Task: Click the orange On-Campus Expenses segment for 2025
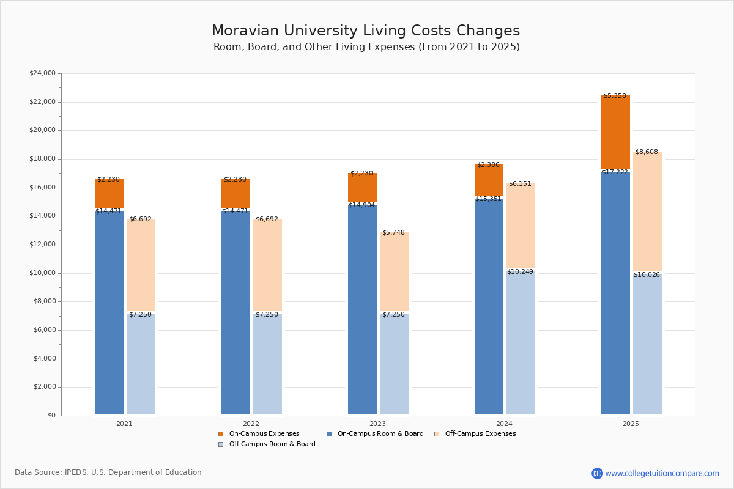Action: point(615,133)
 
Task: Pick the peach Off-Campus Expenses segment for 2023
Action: point(394,272)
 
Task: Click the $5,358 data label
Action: point(615,96)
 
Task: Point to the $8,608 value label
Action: point(647,152)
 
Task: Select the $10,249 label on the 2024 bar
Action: point(520,272)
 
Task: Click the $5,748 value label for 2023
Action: point(393,233)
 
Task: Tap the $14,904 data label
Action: point(361,205)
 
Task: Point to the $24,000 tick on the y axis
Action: point(42,73)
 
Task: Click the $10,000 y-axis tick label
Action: point(42,273)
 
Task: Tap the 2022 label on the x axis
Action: point(251,424)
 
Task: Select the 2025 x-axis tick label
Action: point(631,424)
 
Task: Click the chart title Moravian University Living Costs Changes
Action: point(366,31)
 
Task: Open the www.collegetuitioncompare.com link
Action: point(662,473)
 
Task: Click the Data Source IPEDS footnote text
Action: point(108,472)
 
